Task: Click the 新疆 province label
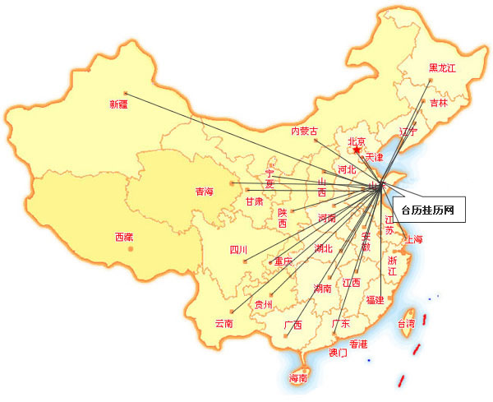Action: (118, 104)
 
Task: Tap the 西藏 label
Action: (123, 238)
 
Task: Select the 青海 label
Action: (204, 192)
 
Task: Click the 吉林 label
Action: (438, 104)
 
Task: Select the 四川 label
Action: (238, 250)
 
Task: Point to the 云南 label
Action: (223, 323)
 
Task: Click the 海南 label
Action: (297, 378)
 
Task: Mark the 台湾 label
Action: (406, 324)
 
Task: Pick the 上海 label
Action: (412, 239)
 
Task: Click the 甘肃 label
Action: (254, 201)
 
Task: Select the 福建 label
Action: (375, 299)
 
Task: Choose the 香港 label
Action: (359, 344)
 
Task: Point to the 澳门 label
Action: (338, 353)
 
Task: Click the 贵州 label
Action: (263, 304)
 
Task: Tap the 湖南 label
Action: (322, 288)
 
